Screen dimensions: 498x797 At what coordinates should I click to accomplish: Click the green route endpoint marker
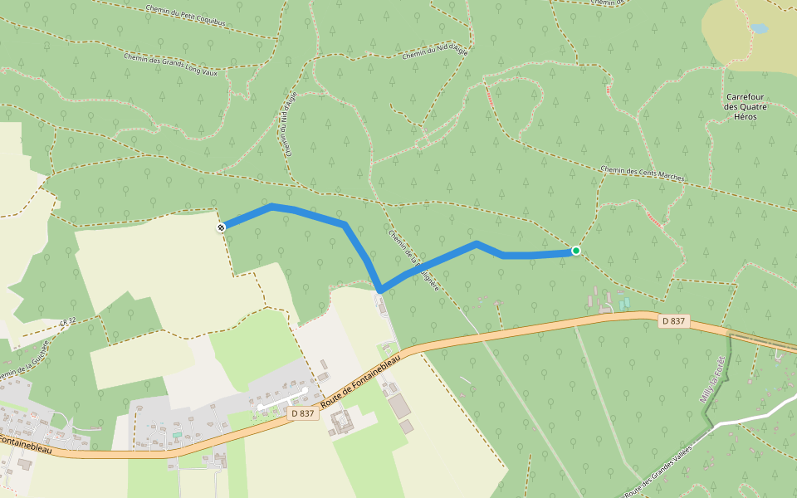pos(575,251)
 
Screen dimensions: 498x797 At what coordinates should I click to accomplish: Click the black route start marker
pos(222,227)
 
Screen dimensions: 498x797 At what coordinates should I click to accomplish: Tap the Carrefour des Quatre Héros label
pos(745,107)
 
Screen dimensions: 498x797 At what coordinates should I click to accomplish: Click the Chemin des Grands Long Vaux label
pos(170,65)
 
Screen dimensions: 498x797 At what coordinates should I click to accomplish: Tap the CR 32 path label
pos(67,320)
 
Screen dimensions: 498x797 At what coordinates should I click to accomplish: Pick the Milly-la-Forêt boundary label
pos(713,380)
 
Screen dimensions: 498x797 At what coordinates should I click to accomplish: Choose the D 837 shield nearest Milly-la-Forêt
pos(674,320)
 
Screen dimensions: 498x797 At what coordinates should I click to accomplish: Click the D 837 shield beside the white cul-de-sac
pos(304,413)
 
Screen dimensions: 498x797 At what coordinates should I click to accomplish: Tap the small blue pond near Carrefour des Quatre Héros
pos(759,28)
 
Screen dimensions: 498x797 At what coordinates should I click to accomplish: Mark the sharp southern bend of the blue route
pos(380,290)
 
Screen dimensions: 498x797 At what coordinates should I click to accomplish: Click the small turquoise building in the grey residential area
pos(176,434)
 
